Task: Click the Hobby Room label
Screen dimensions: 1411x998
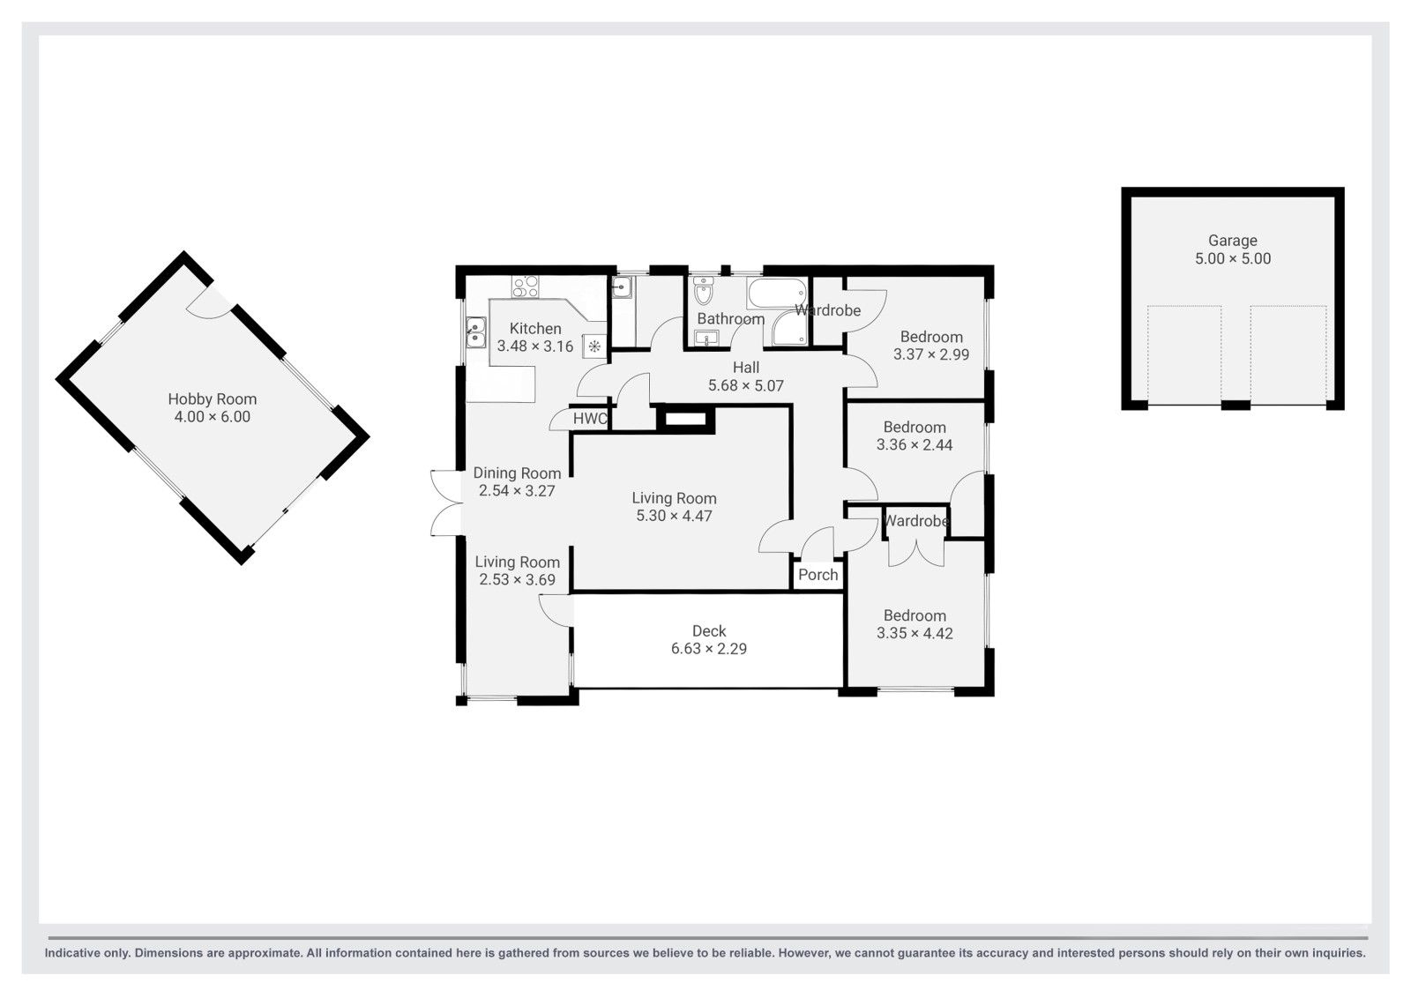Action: point(213,399)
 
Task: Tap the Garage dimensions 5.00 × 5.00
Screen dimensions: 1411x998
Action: point(1233,259)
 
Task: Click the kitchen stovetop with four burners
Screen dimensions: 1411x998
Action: point(526,287)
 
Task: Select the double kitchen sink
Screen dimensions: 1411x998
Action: point(475,332)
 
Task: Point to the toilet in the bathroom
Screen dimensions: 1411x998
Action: point(703,291)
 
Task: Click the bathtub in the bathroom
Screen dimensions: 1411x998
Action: point(777,294)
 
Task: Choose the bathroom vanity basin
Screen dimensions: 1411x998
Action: point(706,339)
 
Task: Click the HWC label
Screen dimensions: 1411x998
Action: point(590,419)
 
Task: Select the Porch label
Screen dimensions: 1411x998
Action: point(818,575)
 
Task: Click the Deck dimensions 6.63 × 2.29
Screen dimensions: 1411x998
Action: point(709,649)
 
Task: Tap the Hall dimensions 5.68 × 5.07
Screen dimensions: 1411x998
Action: point(746,386)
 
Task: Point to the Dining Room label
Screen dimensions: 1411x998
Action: point(517,473)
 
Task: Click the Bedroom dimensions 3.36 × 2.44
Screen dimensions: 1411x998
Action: point(915,445)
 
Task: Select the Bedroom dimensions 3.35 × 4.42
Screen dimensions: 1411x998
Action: point(915,633)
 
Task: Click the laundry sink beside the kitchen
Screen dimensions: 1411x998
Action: point(623,288)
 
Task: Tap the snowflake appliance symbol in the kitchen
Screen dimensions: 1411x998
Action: point(594,346)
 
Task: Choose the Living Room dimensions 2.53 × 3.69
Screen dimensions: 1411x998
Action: point(517,580)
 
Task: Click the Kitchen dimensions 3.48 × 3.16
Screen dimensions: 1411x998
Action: point(534,346)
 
